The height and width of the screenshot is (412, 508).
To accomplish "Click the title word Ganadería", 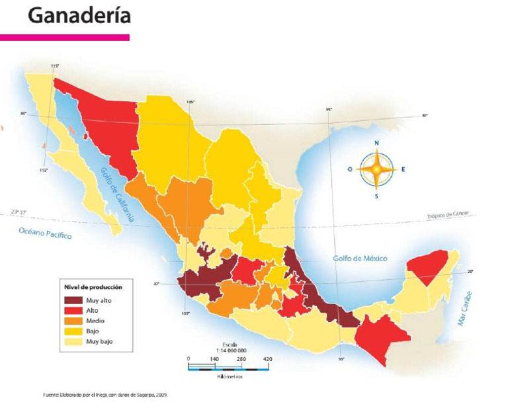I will [79, 15].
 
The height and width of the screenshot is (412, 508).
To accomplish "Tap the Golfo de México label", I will [360, 258].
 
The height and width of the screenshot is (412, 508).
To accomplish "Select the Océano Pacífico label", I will [45, 233].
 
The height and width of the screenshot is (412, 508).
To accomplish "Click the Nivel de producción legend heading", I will [93, 287].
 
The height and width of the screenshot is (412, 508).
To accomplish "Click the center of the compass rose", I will [376, 169].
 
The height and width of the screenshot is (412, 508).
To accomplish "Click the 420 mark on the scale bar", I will [267, 359].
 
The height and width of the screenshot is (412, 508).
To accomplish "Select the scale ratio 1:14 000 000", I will [231, 350].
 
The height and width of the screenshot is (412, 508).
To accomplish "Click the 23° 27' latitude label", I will [19, 212].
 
